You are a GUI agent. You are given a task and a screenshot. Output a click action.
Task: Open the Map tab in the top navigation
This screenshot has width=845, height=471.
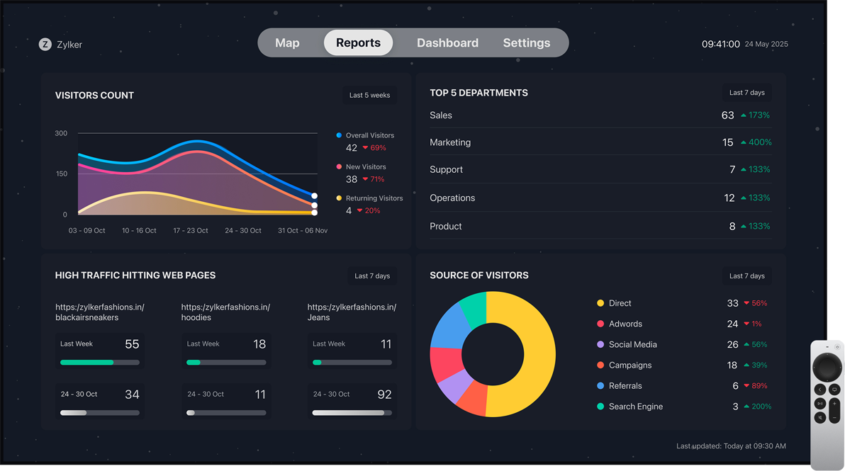point(287,43)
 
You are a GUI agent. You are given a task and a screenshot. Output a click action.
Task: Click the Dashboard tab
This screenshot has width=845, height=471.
point(447,43)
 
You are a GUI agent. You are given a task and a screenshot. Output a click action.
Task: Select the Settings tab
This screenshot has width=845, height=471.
point(526,43)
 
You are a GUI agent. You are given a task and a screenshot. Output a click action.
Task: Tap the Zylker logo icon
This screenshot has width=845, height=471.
point(45,44)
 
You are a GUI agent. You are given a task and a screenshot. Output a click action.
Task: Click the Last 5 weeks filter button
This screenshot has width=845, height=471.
point(369,95)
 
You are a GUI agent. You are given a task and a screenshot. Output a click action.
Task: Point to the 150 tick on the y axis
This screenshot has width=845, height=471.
point(61,174)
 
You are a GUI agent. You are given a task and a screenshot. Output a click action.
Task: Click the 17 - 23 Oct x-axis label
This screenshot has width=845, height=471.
point(191,230)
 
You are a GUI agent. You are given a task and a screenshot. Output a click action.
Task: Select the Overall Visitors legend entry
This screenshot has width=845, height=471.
point(369,135)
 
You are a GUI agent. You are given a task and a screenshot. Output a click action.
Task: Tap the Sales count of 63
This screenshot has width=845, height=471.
point(727,115)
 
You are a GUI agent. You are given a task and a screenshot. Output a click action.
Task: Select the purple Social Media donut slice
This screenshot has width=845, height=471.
point(454,386)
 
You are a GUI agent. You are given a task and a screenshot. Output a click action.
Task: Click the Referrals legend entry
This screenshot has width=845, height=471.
point(625,386)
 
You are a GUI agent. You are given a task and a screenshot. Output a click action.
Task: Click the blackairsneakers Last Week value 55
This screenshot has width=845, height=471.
point(132,344)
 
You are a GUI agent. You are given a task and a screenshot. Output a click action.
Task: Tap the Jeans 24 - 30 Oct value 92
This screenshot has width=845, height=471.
point(384,395)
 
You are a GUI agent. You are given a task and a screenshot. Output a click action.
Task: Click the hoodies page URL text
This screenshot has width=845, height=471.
point(225,312)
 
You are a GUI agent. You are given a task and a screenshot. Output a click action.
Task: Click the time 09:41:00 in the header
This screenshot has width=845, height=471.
point(721,44)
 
